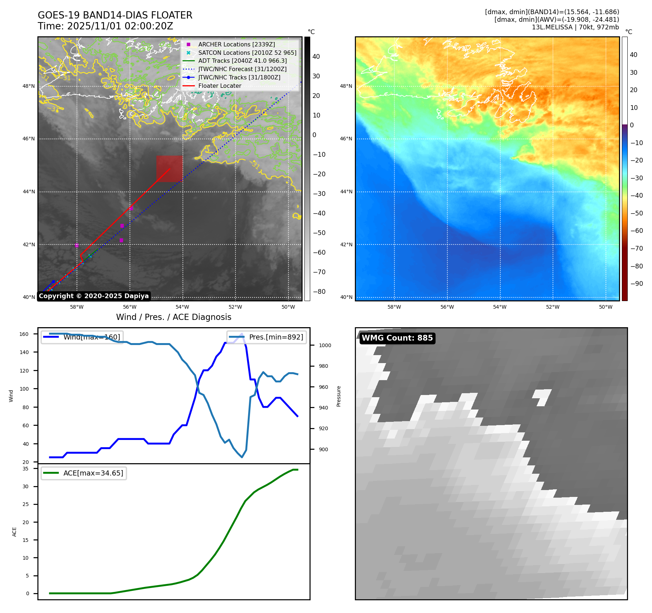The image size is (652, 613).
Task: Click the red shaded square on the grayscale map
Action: click(169, 169)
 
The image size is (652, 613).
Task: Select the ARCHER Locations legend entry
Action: click(236, 44)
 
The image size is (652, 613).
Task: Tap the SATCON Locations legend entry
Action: click(247, 53)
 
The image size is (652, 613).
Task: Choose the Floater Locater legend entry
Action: click(220, 86)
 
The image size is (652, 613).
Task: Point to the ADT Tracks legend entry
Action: click(242, 61)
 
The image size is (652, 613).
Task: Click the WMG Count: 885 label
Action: click(397, 338)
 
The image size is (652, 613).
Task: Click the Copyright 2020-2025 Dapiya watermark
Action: click(94, 296)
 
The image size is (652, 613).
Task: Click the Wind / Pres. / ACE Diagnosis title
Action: click(173, 317)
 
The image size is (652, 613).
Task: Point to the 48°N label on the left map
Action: click(29, 86)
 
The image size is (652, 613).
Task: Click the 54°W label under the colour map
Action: click(500, 307)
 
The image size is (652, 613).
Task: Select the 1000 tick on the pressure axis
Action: click(325, 345)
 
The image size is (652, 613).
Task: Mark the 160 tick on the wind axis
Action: click(24, 334)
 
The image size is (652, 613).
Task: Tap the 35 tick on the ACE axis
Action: click(25, 469)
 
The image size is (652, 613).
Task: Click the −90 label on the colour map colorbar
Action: click(636, 284)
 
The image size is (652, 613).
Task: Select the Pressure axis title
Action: click(339, 396)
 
